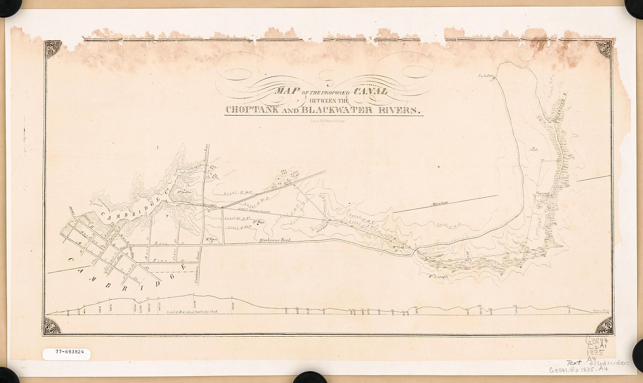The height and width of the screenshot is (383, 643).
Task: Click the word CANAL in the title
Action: pyautogui.click(x=371, y=92)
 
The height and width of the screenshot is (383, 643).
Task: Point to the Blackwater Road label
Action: pyautogui.click(x=275, y=240)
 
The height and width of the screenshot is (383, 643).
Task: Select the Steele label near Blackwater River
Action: pyautogui.click(x=534, y=150)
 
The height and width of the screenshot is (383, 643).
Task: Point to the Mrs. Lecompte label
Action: pyautogui.click(x=438, y=277)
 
